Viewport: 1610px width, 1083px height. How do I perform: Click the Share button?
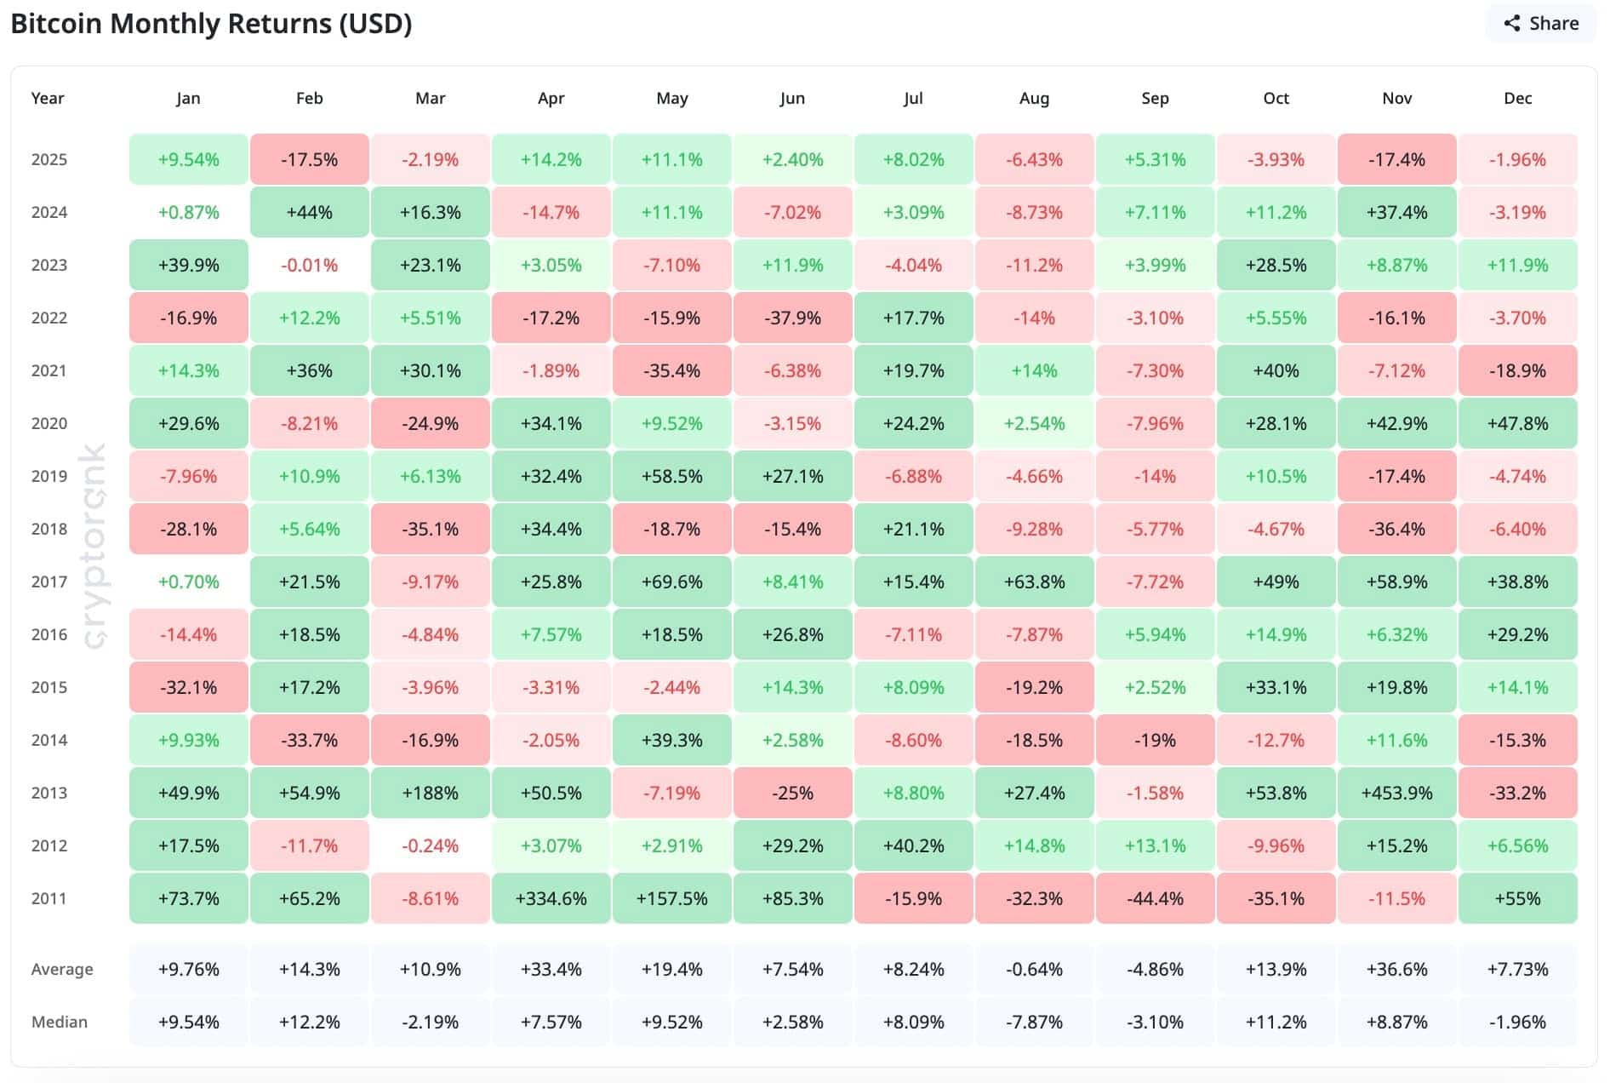[x=1541, y=24]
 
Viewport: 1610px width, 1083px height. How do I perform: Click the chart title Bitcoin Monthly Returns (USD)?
[x=211, y=24]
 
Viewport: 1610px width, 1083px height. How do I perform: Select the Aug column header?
[x=1034, y=98]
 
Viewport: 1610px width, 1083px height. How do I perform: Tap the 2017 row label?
[x=49, y=582]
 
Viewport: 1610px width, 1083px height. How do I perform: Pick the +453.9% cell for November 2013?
[x=1396, y=793]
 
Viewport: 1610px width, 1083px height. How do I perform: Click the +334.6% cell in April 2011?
[x=551, y=898]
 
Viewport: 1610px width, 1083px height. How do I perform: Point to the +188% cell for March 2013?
[x=430, y=793]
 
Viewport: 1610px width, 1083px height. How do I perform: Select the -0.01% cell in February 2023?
[x=309, y=265]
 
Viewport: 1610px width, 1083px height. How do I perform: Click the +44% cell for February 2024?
[x=309, y=212]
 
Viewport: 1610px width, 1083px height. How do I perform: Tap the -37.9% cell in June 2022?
[x=792, y=318]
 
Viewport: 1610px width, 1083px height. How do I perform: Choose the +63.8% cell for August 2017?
[x=1034, y=582]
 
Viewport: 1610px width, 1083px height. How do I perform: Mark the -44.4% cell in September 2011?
[x=1155, y=898]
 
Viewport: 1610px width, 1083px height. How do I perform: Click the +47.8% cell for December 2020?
[x=1517, y=423]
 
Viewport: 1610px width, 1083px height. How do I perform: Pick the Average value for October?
[x=1276, y=969]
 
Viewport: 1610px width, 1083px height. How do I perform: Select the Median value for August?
[x=1034, y=1022]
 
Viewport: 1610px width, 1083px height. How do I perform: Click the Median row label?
[x=60, y=1022]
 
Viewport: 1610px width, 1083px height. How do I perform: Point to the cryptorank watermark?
[x=95, y=545]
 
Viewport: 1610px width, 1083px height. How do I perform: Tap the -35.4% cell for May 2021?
[x=671, y=370]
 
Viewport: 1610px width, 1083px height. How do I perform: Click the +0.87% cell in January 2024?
[x=188, y=212]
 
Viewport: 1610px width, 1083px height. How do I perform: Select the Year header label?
[x=48, y=98]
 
